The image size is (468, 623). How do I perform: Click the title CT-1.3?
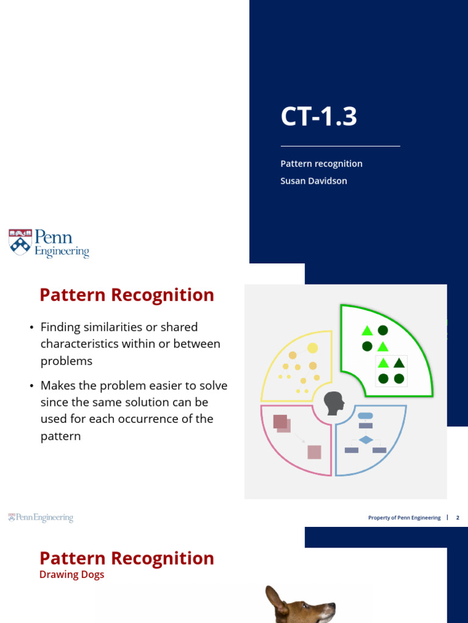click(319, 116)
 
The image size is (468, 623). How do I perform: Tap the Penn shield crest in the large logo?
click(19, 242)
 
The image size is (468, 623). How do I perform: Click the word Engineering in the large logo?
click(62, 251)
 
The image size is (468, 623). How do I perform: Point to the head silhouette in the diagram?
click(333, 403)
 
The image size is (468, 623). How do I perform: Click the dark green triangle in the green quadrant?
click(399, 363)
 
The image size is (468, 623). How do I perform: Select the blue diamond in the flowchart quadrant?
click(365, 439)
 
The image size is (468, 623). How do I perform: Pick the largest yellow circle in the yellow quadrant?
click(313, 348)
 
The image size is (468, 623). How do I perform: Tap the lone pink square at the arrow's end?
click(314, 452)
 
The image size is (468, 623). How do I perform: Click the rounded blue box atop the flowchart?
click(365, 416)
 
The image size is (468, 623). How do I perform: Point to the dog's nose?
click(333, 607)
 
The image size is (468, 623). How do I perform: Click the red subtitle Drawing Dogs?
click(71, 575)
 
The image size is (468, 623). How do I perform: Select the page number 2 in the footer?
click(458, 518)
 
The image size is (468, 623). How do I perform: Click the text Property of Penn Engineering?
click(404, 518)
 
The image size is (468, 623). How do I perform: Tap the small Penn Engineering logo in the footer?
click(40, 518)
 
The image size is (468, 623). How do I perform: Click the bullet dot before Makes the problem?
click(31, 386)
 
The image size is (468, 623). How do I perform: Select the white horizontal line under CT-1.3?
click(340, 146)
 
